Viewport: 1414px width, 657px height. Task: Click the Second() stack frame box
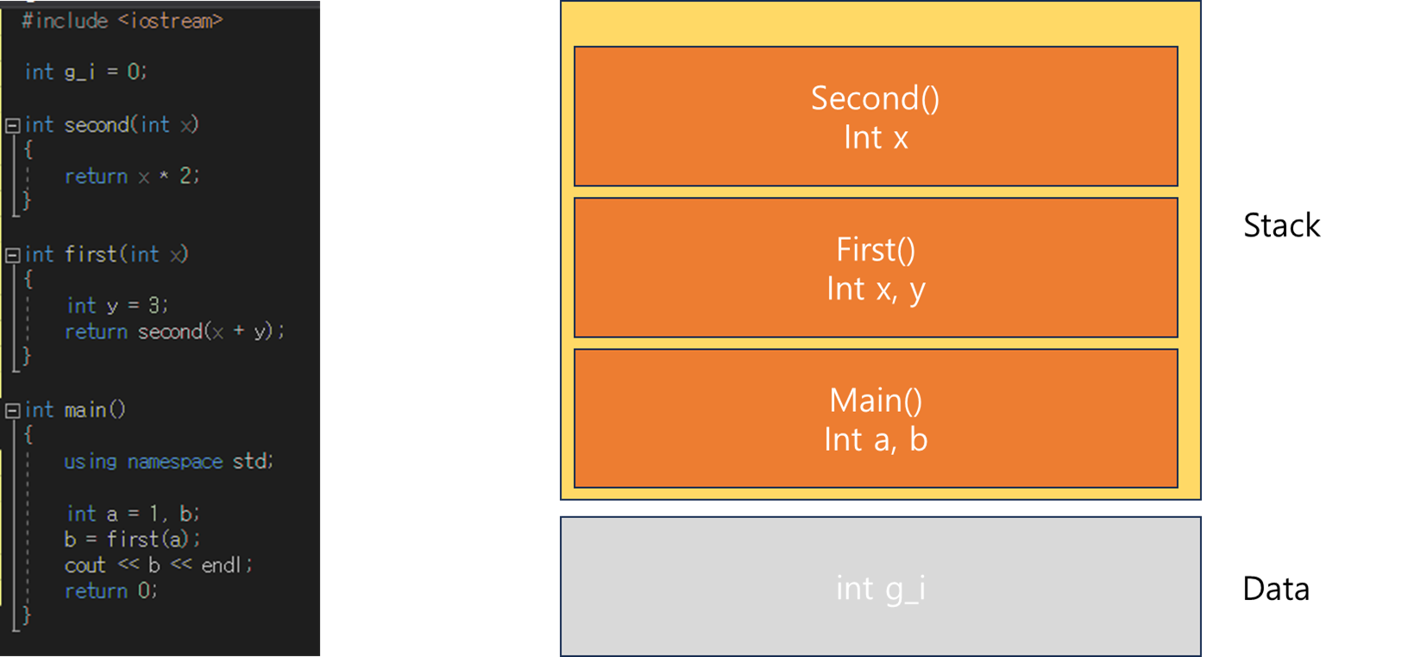pyautogui.click(x=876, y=117)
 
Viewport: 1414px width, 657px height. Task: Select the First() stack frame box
pyautogui.click(x=876, y=268)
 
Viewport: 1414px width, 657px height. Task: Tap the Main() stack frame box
pyautogui.click(x=876, y=418)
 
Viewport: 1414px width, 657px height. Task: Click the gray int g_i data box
pyautogui.click(x=881, y=586)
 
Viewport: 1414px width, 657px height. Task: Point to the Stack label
pyautogui.click(x=1281, y=225)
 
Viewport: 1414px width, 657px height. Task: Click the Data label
pyautogui.click(x=1276, y=589)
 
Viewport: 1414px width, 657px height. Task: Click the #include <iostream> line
pyautogui.click(x=123, y=21)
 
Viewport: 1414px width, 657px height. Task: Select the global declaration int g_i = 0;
pyautogui.click(x=86, y=72)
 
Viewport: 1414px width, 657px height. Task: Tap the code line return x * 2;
pyautogui.click(x=132, y=175)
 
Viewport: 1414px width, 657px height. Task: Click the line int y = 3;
pyautogui.click(x=117, y=306)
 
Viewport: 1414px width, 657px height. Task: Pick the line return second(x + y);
pyautogui.click(x=175, y=332)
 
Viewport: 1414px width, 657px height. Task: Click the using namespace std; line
pyautogui.click(x=168, y=461)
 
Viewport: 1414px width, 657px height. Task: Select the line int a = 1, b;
pyautogui.click(x=133, y=513)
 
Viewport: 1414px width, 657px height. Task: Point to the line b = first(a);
pyautogui.click(x=132, y=539)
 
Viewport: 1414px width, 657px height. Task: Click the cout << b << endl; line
pyautogui.click(x=159, y=565)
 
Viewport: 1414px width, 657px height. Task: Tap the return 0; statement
pyautogui.click(x=111, y=591)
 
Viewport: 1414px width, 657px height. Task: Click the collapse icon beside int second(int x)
pyautogui.click(x=13, y=125)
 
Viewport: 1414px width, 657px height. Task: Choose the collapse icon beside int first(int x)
pyautogui.click(x=13, y=256)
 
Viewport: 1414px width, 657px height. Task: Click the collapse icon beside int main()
pyautogui.click(x=13, y=411)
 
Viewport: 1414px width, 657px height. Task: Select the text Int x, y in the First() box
pyautogui.click(x=876, y=289)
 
